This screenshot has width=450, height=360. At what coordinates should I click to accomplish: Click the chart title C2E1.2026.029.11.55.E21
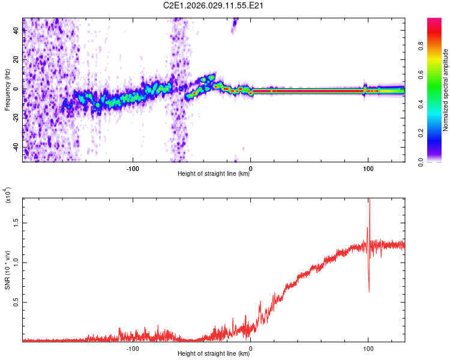pos(214,6)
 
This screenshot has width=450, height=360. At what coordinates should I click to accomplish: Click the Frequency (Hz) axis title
pos(7,90)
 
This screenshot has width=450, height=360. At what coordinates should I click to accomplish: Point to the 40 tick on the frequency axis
pos(16,31)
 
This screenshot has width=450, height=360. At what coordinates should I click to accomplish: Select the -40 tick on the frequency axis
pos(16,148)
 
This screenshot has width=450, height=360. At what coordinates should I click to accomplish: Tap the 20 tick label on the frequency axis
pos(16,60)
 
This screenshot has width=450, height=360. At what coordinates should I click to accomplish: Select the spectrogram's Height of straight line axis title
pos(214,175)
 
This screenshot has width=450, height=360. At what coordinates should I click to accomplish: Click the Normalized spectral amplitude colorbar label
pos(445,90)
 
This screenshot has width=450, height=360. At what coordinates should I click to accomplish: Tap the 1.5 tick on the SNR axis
pos(16,222)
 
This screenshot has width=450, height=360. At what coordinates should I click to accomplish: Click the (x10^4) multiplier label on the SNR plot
pos(8,196)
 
